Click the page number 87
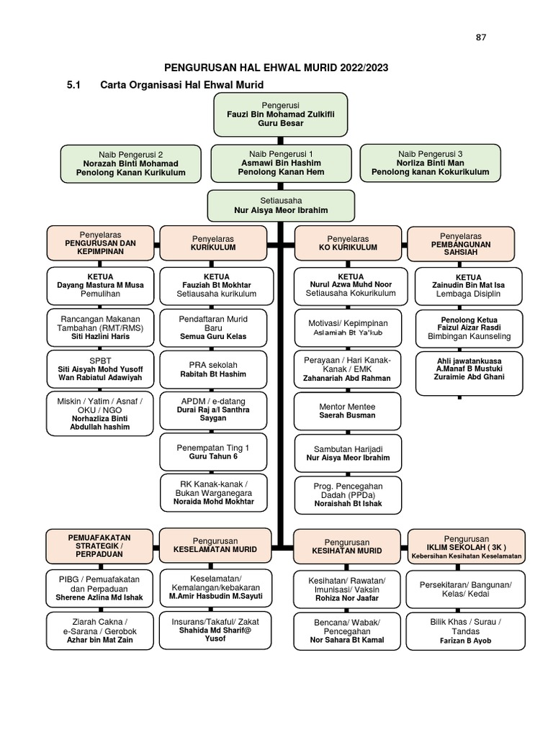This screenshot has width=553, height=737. (x=481, y=38)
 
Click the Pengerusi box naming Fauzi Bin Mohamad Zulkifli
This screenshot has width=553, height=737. (x=281, y=114)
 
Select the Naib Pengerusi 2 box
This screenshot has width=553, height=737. (x=130, y=163)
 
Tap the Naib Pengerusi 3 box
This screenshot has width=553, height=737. (x=430, y=163)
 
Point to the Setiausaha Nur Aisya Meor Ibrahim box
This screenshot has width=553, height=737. (x=281, y=205)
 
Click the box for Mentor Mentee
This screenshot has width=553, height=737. (x=347, y=411)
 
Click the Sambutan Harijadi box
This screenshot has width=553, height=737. (x=347, y=452)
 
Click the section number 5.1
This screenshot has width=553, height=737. (x=74, y=86)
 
